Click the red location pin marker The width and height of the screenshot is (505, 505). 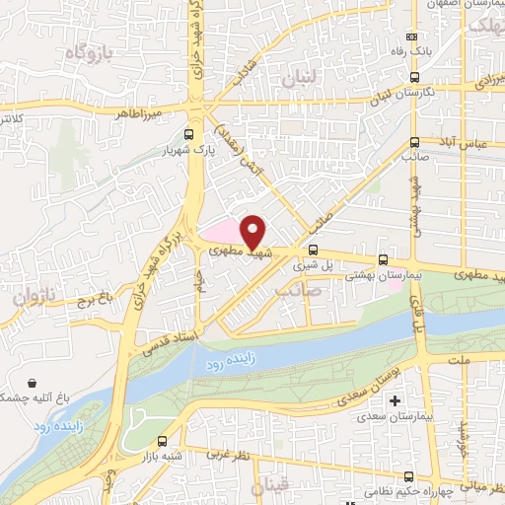point(252,231)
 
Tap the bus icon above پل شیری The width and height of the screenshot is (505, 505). point(313,251)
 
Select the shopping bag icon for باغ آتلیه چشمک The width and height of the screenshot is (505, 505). point(34,383)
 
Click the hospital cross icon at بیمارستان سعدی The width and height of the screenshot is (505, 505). point(396,401)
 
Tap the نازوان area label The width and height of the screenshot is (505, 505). point(35,295)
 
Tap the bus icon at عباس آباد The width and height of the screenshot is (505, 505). point(415,141)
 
